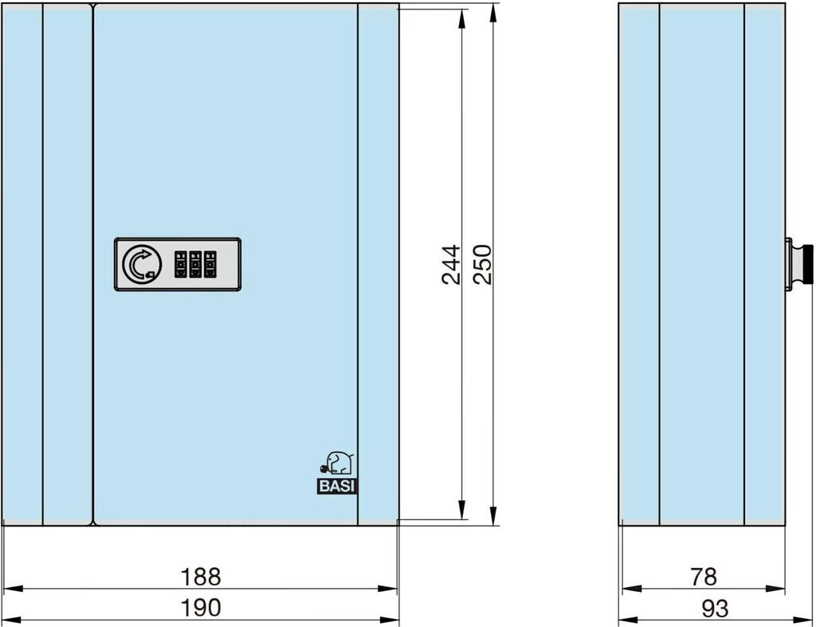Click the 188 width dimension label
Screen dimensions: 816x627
(200, 577)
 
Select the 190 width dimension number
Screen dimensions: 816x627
(200, 608)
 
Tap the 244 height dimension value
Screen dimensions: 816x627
(451, 265)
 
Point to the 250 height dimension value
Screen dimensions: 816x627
(482, 264)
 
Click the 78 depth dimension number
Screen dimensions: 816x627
(704, 577)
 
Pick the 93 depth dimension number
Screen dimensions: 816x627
(715, 608)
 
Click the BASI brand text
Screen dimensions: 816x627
(337, 487)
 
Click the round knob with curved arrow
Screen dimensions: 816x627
(142, 264)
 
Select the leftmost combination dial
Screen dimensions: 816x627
(181, 264)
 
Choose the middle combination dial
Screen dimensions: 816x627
(195, 264)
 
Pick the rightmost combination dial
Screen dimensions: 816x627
(210, 264)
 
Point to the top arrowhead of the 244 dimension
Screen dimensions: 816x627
(461, 19)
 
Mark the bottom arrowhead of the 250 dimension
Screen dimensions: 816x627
(493, 515)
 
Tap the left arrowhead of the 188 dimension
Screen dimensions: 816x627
(13, 589)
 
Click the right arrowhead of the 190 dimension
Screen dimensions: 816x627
(388, 621)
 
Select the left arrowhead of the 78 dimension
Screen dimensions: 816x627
(632, 589)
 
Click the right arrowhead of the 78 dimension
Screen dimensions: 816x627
(775, 589)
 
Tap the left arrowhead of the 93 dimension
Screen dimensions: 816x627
(629, 621)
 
